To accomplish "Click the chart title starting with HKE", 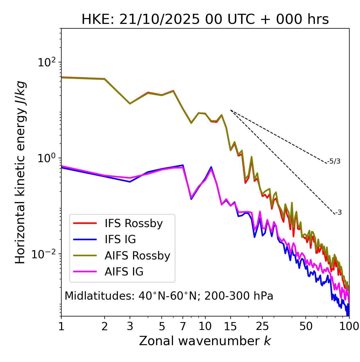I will (205, 19).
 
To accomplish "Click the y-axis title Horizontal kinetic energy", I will (21, 172).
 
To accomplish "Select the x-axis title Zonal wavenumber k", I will (205, 341).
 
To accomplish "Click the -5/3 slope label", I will (334, 161).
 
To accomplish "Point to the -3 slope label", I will (338, 213).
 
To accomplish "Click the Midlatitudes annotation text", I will (169, 296).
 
